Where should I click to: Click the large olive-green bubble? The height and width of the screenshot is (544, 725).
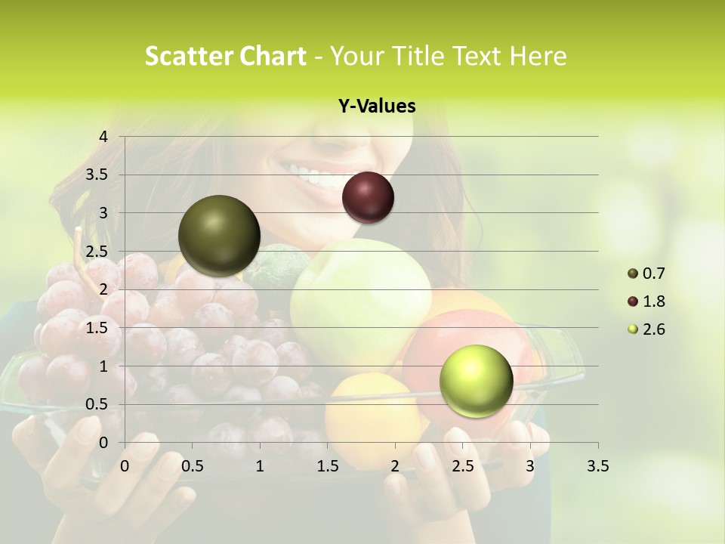(x=219, y=236)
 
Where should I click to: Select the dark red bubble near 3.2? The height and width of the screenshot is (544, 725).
(x=368, y=197)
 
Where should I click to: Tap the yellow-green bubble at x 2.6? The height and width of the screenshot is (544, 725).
(x=476, y=381)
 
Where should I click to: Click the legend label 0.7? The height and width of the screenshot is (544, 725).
(x=653, y=274)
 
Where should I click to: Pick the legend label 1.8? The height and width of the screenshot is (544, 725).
(x=653, y=301)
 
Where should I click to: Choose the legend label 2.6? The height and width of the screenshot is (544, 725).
(x=653, y=329)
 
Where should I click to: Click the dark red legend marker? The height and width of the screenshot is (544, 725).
(x=633, y=301)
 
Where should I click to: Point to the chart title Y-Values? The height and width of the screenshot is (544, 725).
(x=376, y=107)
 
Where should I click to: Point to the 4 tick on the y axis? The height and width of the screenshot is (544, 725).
(x=104, y=137)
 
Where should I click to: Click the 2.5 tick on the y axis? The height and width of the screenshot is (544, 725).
(x=100, y=252)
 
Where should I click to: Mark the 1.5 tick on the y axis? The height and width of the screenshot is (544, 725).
(x=100, y=328)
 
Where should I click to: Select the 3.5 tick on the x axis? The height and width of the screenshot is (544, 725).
(x=597, y=466)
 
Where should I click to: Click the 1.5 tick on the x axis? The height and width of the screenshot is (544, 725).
(x=328, y=466)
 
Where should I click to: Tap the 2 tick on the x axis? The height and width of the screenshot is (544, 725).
(x=395, y=466)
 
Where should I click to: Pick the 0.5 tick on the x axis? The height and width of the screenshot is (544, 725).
(x=193, y=466)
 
